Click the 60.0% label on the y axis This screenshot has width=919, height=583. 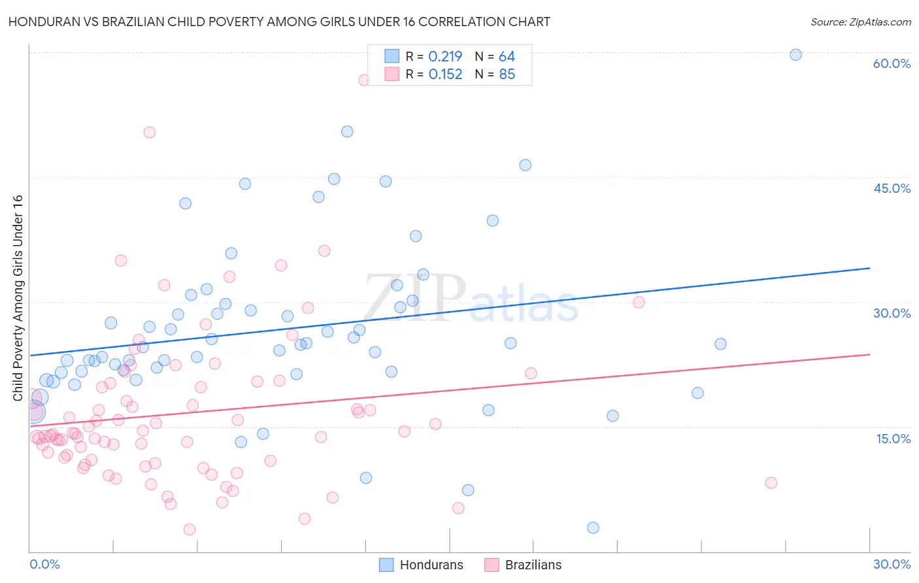(x=892, y=63)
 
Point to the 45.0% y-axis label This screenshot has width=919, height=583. (x=892, y=188)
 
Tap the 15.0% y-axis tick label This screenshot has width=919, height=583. (x=893, y=439)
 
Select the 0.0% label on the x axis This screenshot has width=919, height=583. (x=44, y=564)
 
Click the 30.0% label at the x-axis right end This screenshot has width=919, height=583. (x=892, y=564)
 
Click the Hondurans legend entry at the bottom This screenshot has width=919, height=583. (x=422, y=565)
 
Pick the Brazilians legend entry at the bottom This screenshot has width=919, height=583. (x=524, y=565)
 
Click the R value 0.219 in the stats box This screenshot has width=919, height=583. (x=445, y=57)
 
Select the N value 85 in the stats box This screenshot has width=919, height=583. (x=507, y=75)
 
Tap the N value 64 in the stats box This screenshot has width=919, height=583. (x=507, y=57)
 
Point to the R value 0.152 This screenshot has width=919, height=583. (x=445, y=75)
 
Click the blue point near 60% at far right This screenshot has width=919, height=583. (x=795, y=55)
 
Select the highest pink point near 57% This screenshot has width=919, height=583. (x=364, y=80)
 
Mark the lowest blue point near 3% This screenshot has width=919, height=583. (x=593, y=527)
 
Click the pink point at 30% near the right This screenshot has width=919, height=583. (x=639, y=302)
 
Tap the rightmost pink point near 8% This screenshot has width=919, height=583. (x=771, y=483)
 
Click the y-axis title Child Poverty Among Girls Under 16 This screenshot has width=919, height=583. (x=18, y=298)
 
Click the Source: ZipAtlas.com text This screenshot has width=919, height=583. (x=860, y=22)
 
